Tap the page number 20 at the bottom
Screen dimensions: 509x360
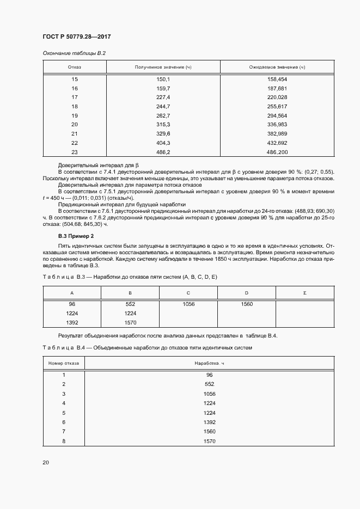click(46, 462)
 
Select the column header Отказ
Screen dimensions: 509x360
click(75, 67)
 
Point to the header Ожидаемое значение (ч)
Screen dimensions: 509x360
click(276, 67)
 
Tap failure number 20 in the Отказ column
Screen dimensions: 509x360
click(75, 124)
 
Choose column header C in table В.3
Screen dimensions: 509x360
click(188, 293)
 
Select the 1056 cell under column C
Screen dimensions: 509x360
click(188, 304)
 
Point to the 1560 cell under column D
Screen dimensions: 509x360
click(246, 304)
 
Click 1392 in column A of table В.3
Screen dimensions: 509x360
click(71, 322)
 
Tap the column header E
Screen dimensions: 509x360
click(304, 293)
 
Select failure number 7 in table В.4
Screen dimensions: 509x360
click(64, 431)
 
